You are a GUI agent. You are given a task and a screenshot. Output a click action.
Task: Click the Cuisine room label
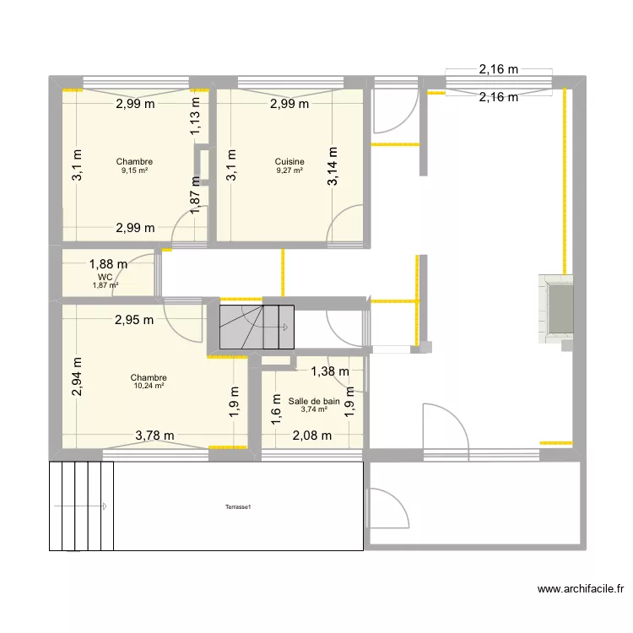(x=289, y=161)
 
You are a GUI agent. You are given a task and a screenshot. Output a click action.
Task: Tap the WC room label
(x=105, y=277)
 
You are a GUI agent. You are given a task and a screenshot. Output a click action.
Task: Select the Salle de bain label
(x=314, y=402)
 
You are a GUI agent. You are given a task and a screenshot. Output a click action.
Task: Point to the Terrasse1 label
(x=239, y=507)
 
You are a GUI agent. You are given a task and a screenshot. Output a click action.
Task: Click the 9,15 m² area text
(x=135, y=170)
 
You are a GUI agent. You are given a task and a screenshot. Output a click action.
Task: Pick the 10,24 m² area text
(x=148, y=387)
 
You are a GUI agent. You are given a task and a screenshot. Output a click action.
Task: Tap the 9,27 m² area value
(x=289, y=170)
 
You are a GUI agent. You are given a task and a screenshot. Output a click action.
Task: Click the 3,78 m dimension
(x=155, y=436)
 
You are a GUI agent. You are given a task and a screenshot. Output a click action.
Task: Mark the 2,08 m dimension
(x=312, y=436)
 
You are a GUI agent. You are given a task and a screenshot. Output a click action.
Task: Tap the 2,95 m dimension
(x=134, y=319)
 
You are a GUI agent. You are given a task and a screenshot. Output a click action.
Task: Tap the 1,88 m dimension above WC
(x=109, y=264)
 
